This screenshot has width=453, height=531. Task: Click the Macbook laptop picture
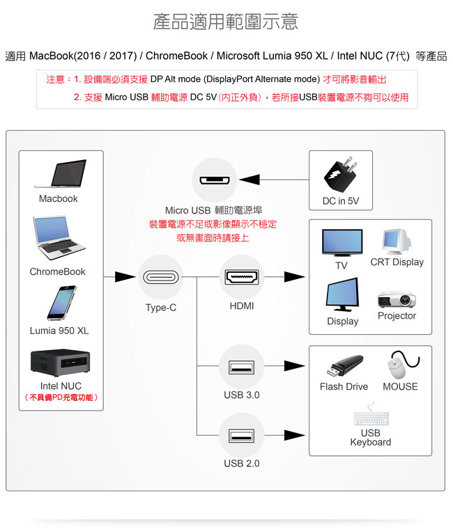(59, 174)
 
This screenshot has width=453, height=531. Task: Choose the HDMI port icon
(242, 277)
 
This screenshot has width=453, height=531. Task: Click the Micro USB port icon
(213, 180)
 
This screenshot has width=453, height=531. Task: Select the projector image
(397, 300)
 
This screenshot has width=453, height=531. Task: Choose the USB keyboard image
(371, 419)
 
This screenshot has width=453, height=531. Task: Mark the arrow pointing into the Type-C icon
(125, 277)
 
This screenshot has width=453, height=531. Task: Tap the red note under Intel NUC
(61, 397)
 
